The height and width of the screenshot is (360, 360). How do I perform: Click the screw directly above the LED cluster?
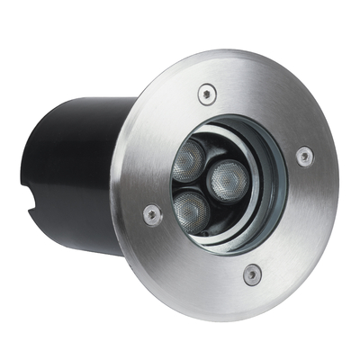tap(208, 92)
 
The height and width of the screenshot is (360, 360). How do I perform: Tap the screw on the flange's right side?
tap(305, 156)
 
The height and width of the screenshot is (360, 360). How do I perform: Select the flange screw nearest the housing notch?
tap(153, 213)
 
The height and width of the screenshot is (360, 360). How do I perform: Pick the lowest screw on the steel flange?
tap(253, 273)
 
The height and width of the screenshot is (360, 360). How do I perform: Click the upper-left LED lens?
tap(190, 160)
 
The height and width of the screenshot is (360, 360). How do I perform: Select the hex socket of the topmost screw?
tap(208, 92)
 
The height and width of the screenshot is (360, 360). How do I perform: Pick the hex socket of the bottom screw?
tap(253, 273)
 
